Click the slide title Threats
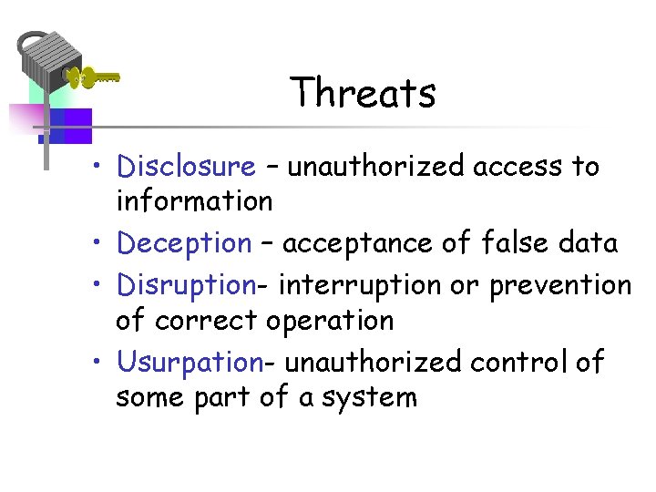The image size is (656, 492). [x=363, y=92]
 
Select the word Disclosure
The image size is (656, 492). [x=187, y=167]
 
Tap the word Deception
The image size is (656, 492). [x=184, y=243]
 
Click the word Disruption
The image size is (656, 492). [x=186, y=285]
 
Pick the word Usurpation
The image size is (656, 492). [x=190, y=362]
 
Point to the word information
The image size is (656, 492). [x=194, y=200]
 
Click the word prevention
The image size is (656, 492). [x=559, y=285]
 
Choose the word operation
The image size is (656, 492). [x=329, y=321]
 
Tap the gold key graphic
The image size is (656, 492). [x=94, y=77]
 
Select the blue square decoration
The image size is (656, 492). [x=70, y=125]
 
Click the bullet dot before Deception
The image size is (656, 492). [x=106, y=244]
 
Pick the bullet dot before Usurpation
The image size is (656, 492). [x=106, y=363]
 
